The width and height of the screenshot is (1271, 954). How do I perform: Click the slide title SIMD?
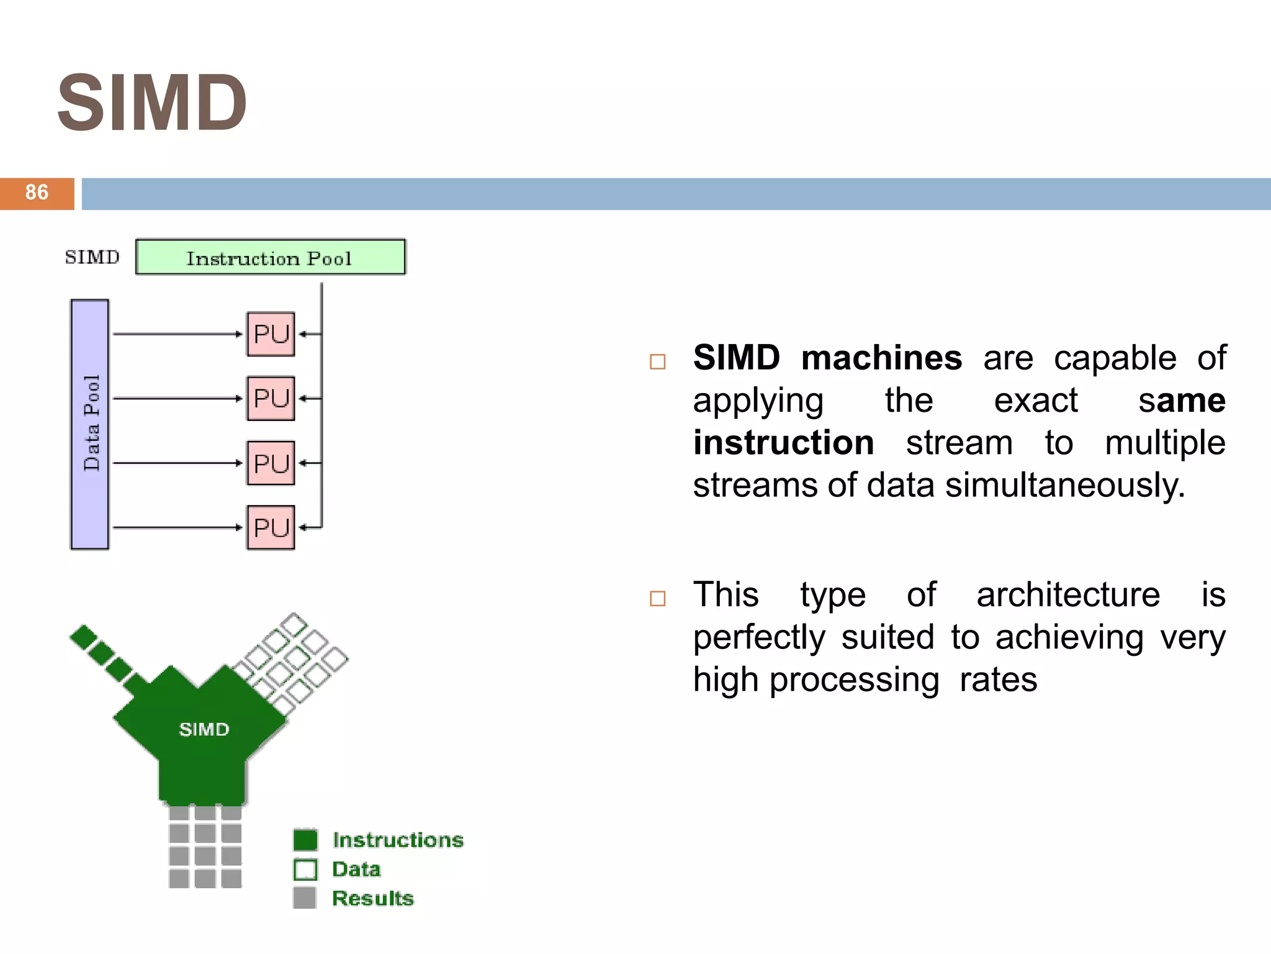[x=152, y=103]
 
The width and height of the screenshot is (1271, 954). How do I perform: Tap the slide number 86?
[x=37, y=193]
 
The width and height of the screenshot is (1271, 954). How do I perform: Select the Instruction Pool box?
[x=270, y=257]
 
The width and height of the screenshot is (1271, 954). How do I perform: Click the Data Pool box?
[x=90, y=424]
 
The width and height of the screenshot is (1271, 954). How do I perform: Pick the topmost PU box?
[x=271, y=334]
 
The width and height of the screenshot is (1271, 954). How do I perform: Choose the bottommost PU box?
[x=271, y=528]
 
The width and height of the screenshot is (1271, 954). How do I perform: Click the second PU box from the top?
[x=271, y=398]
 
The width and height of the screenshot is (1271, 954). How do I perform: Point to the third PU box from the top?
[x=271, y=463]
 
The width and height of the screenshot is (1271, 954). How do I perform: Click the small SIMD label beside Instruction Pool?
[x=92, y=257]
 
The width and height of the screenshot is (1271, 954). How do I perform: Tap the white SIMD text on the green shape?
[x=204, y=729]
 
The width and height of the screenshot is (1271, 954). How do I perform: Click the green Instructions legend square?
[x=305, y=840]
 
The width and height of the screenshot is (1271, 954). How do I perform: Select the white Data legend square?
[x=305, y=870]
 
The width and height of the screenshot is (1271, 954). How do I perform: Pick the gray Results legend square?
[x=305, y=898]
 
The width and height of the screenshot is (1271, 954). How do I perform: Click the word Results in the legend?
[x=372, y=898]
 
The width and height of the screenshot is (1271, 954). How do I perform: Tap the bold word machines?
[x=881, y=358]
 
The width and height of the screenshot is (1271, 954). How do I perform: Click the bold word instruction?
[x=783, y=443]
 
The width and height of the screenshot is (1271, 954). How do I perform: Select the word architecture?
[x=1067, y=595]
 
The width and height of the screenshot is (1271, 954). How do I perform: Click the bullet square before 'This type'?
[x=657, y=598]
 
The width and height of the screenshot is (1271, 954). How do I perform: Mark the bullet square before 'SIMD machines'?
[x=657, y=361]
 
